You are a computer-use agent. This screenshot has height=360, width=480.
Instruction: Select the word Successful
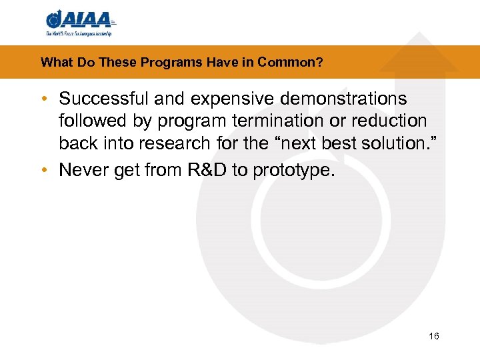pyautogui.click(x=103, y=99)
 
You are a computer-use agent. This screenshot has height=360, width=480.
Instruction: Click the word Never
pyautogui.click(x=79, y=170)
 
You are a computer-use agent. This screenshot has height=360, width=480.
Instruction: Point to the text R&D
pyautogui.click(x=203, y=170)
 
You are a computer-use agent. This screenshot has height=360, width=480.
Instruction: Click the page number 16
pyautogui.click(x=434, y=336)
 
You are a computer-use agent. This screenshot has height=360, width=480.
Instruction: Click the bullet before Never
pyautogui.click(x=43, y=171)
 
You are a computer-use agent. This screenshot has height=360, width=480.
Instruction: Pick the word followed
pyautogui.click(x=91, y=121)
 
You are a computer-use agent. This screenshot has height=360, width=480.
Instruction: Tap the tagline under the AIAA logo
pyautogui.click(x=79, y=33)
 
